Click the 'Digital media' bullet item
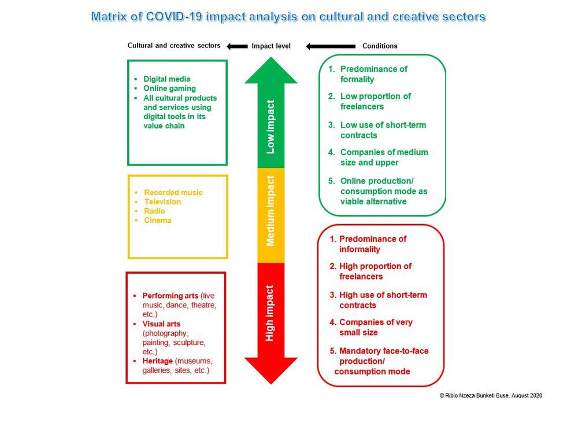point(166,79)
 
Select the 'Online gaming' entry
point(169,88)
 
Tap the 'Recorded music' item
point(173,192)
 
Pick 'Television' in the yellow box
point(162,201)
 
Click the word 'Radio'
point(154,211)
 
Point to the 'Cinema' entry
point(157,220)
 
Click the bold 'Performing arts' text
point(171,296)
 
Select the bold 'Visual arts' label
point(161,323)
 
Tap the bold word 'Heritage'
point(157,361)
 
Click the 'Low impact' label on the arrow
point(271,127)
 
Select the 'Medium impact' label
point(271,211)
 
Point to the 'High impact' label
point(269,313)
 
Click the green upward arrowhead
point(271,71)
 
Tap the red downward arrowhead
point(271,370)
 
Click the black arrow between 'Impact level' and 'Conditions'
point(331,46)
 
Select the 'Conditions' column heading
point(380,46)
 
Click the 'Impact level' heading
point(271,46)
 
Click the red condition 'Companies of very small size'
point(371,327)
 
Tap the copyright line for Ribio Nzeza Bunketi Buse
point(491,395)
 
